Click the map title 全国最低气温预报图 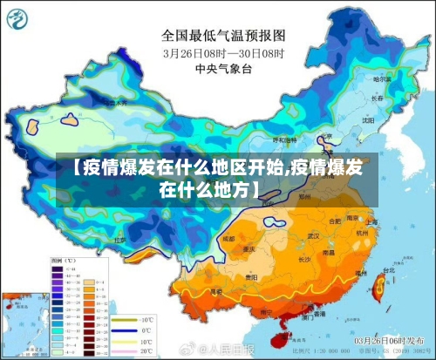223,36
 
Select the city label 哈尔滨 381,79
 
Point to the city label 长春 376,99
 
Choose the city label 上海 371,221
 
